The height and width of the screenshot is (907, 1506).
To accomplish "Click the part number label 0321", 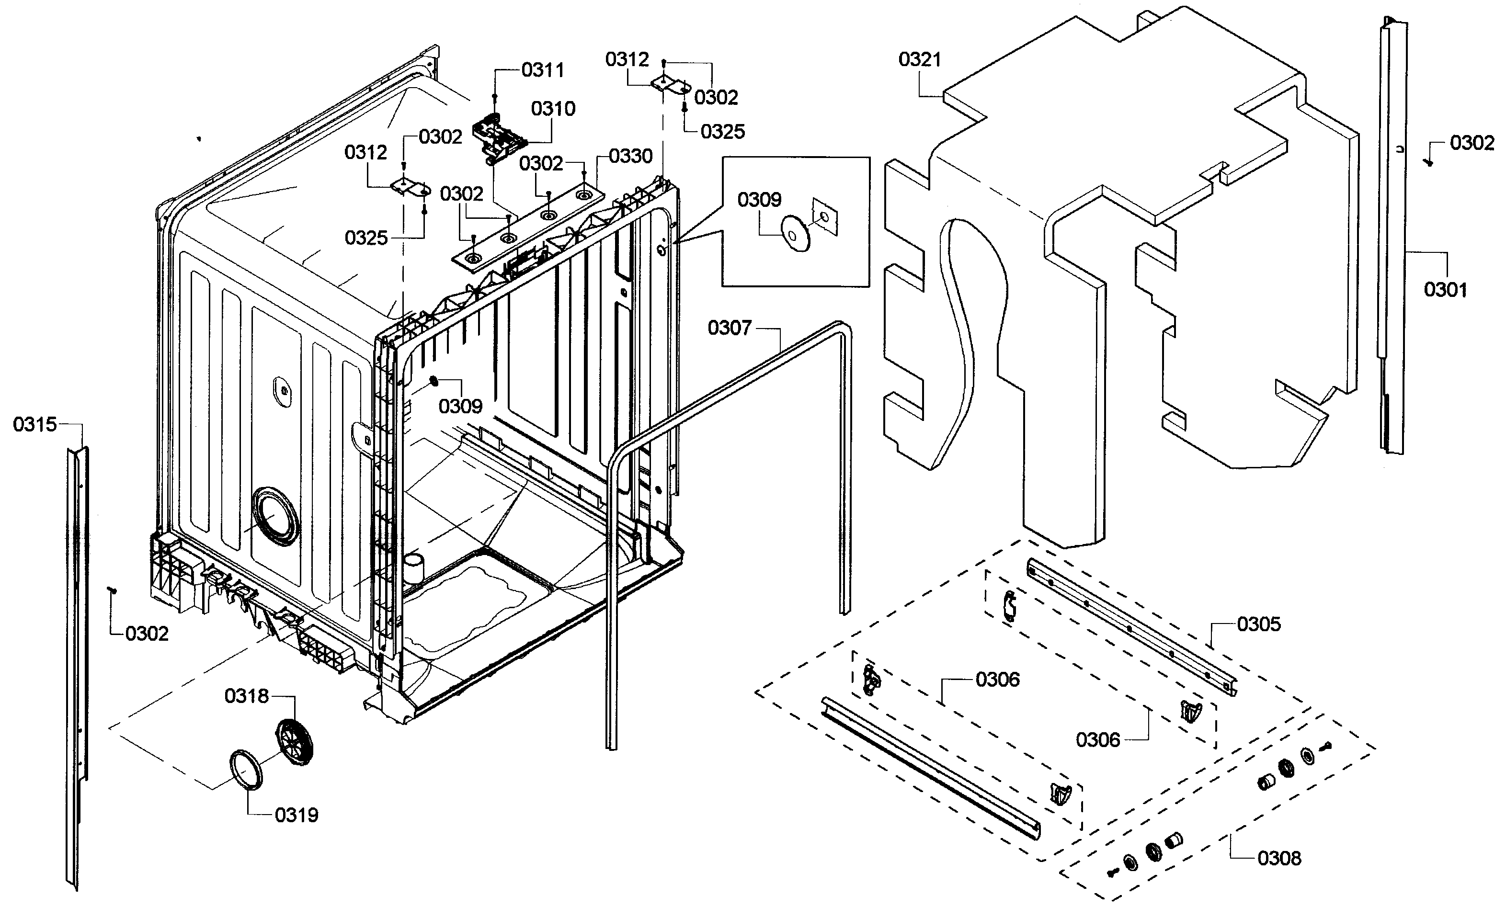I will (x=919, y=60).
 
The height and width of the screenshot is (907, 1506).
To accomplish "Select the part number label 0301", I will (x=1445, y=289).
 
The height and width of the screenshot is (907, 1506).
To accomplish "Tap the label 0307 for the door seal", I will (x=729, y=328).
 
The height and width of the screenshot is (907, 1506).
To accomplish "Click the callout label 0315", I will (x=35, y=424).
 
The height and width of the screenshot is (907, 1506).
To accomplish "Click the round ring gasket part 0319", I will (x=245, y=770).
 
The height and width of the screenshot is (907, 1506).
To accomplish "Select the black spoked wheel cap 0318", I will (x=295, y=741).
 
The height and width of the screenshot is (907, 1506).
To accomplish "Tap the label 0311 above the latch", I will (x=542, y=70).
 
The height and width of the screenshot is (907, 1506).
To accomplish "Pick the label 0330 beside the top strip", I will (x=630, y=157).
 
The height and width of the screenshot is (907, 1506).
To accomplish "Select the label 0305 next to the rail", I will (x=1258, y=624).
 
